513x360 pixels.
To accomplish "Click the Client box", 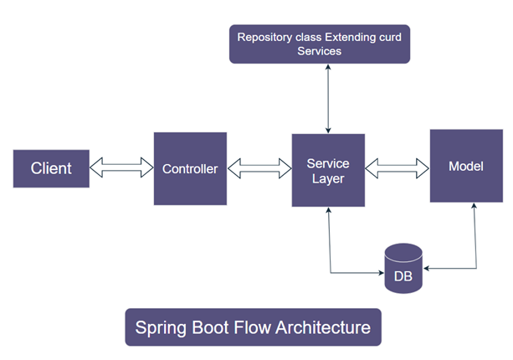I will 51,168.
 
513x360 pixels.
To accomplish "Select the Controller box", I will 190,168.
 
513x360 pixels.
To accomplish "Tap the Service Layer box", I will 328,170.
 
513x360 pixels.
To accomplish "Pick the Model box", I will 466,166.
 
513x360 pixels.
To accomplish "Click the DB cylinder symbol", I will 403,268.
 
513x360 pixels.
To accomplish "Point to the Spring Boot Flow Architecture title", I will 253,327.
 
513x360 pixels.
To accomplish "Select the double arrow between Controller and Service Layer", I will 259,168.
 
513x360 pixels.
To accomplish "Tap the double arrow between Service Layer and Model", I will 398,168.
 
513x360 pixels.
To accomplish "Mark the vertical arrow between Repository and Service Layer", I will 328,98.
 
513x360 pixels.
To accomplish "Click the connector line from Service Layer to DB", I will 333,251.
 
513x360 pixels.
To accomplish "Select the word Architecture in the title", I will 324,327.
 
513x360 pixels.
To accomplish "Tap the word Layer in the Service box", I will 328,178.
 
